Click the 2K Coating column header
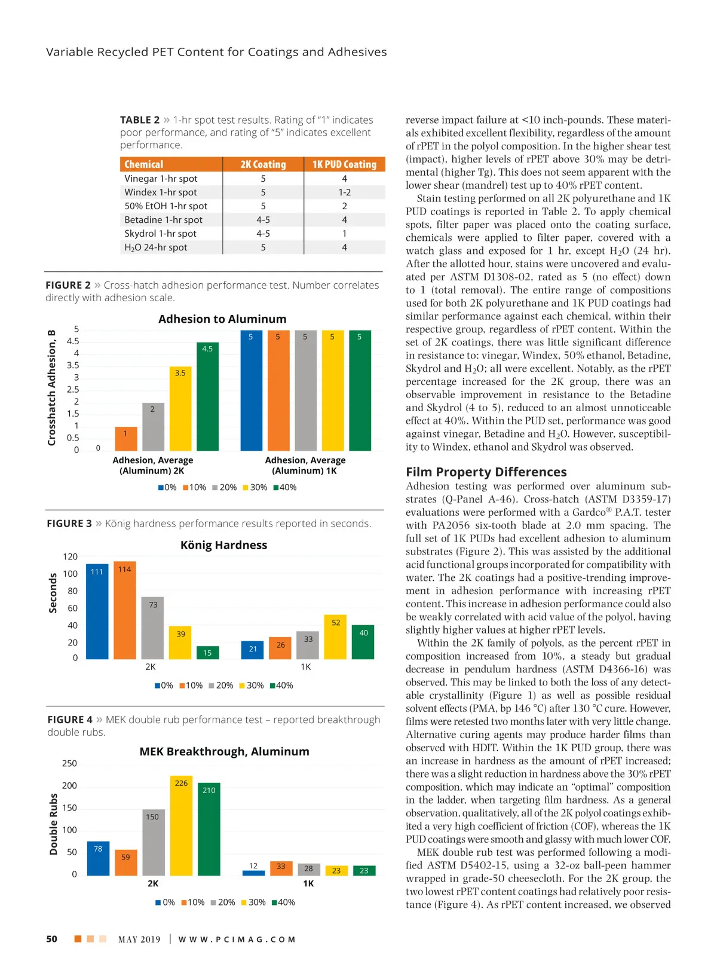(263, 164)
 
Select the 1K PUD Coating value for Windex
(344, 192)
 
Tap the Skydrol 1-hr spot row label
(160, 234)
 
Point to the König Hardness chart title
(223, 545)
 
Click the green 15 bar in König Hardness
(207, 652)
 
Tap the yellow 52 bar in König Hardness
(336, 636)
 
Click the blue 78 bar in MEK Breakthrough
(98, 858)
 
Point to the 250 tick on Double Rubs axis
(69, 764)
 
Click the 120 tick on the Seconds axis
(70, 556)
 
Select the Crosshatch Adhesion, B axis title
(52, 388)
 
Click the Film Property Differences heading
(486, 472)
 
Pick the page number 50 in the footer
(52, 939)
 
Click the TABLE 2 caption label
(140, 120)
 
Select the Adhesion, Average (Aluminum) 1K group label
(305, 466)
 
